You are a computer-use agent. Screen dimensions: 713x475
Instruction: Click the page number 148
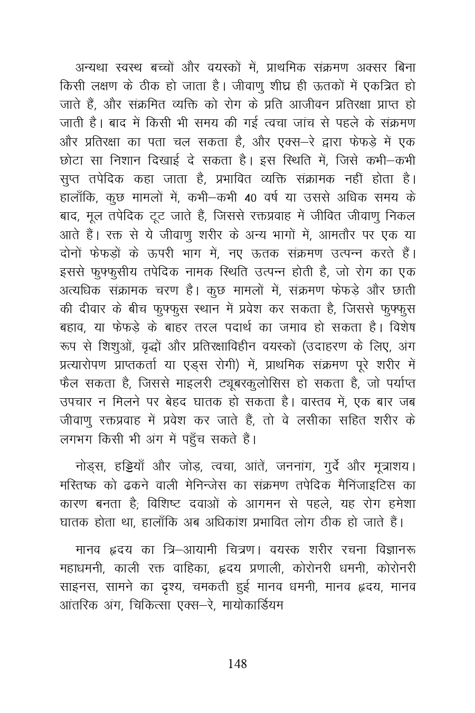[237, 664]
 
